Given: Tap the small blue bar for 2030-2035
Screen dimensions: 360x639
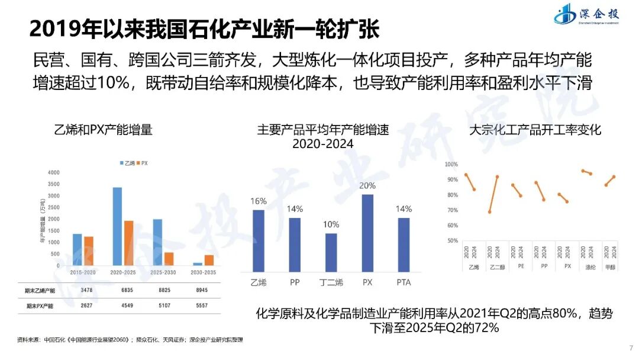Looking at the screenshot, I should pos(198,263).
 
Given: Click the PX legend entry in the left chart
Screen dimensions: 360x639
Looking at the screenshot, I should pos(142,163).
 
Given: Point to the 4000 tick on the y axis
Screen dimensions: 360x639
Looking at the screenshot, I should pos(54,172).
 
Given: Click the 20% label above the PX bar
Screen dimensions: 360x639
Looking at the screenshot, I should pos(367,185).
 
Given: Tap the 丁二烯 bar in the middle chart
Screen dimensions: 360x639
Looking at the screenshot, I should pos(331,252).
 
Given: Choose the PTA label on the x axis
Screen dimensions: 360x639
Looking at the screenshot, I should pos(404,282).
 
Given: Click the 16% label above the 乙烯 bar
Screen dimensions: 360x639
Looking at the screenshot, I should pos(259,201).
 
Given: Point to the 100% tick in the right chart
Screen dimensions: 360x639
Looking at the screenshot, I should pos(451,164).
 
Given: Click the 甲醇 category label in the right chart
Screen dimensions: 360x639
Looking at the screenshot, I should pos(610,266).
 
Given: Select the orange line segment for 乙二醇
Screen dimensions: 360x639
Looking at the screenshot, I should pos(493,194).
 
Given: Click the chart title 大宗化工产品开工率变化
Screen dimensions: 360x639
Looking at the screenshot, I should pos(534,130).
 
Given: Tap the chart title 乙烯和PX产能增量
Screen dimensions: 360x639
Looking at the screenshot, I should pos(103,130).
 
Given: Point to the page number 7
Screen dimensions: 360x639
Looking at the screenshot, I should pos(629,347).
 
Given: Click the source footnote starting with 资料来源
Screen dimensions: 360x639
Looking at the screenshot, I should pos(130,340).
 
